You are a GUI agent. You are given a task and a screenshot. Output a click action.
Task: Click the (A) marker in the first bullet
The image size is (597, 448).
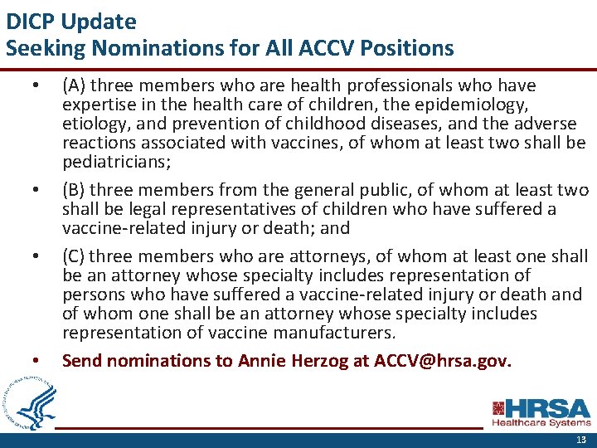(x=74, y=85)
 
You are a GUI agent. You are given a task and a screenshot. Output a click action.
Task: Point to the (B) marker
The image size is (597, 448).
(x=74, y=191)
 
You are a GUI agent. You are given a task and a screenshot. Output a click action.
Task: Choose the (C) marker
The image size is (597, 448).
(x=74, y=256)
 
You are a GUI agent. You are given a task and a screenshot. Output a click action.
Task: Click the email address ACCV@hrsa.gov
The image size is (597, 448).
(x=443, y=361)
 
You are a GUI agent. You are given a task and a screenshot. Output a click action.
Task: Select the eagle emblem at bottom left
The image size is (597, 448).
(x=28, y=401)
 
